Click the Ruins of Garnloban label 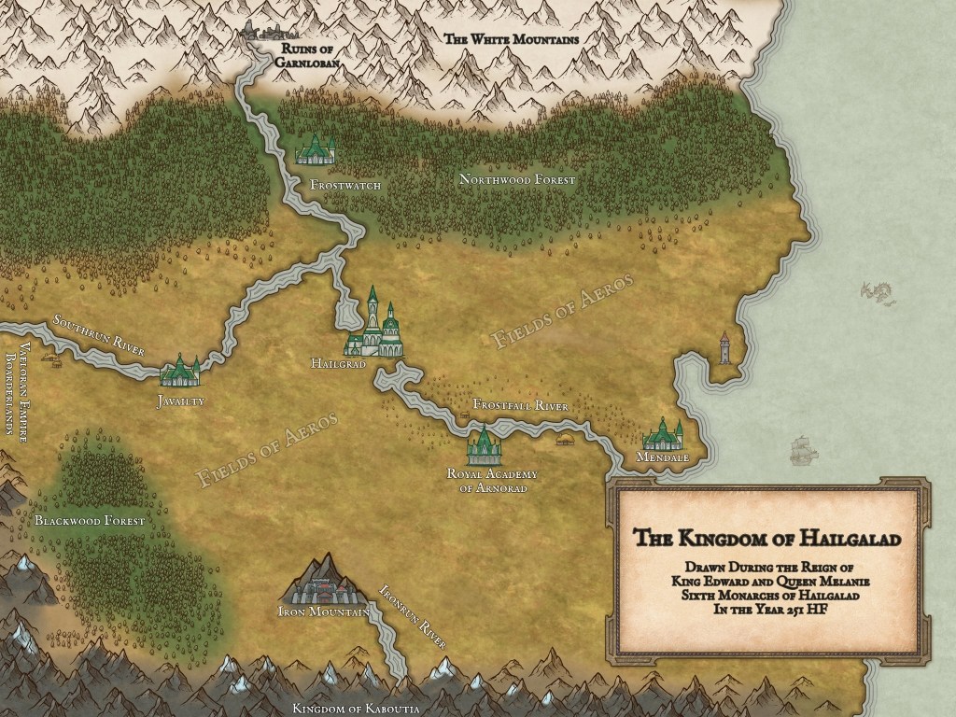coord(301,55)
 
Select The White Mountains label coord(511,39)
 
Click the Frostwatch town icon coord(316,149)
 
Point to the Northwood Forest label coord(517,178)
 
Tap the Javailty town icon coord(179,372)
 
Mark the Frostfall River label coord(520,405)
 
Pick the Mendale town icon coord(664,434)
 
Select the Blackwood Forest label coord(90,520)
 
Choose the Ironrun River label coord(411,617)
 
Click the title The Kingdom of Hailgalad coord(767,539)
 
